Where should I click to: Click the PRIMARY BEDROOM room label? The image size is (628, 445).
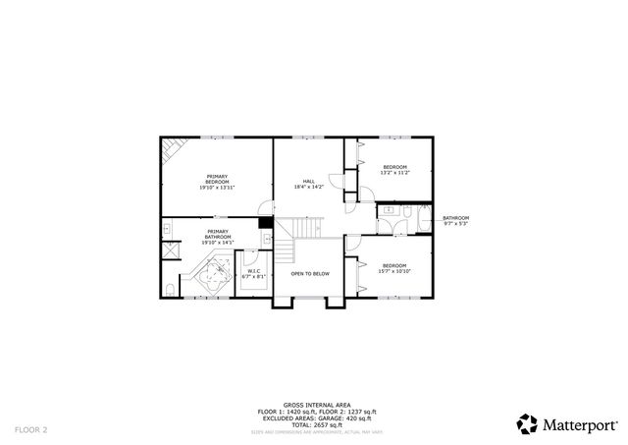(217, 183)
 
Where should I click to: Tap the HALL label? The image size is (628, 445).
(309, 183)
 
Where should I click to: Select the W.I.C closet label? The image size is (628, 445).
(253, 274)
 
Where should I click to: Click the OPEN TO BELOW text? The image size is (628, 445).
(309, 273)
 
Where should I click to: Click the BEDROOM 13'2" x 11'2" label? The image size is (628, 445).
(394, 170)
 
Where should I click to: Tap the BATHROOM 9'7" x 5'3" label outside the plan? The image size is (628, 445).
(455, 220)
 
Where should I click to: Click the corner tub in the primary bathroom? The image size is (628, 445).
(212, 275)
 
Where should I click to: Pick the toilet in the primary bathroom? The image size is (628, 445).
(170, 289)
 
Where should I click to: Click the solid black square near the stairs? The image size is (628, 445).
(265, 222)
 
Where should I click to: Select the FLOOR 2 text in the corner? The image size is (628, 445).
(30, 429)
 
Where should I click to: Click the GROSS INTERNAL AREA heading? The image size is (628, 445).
(313, 404)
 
